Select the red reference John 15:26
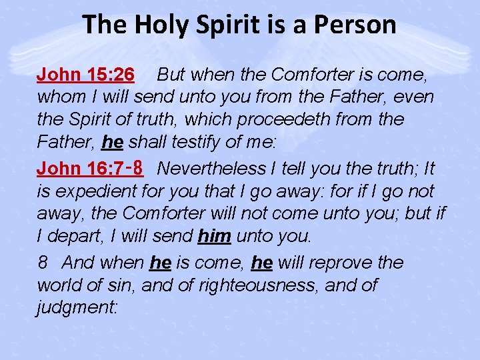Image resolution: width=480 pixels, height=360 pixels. coord(86,73)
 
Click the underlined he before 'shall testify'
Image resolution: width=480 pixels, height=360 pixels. coord(112,143)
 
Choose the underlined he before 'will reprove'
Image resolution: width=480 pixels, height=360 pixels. coord(262,263)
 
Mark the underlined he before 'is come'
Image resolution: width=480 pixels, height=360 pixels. coord(160,263)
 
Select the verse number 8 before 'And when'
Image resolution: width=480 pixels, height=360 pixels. coord(42,263)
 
